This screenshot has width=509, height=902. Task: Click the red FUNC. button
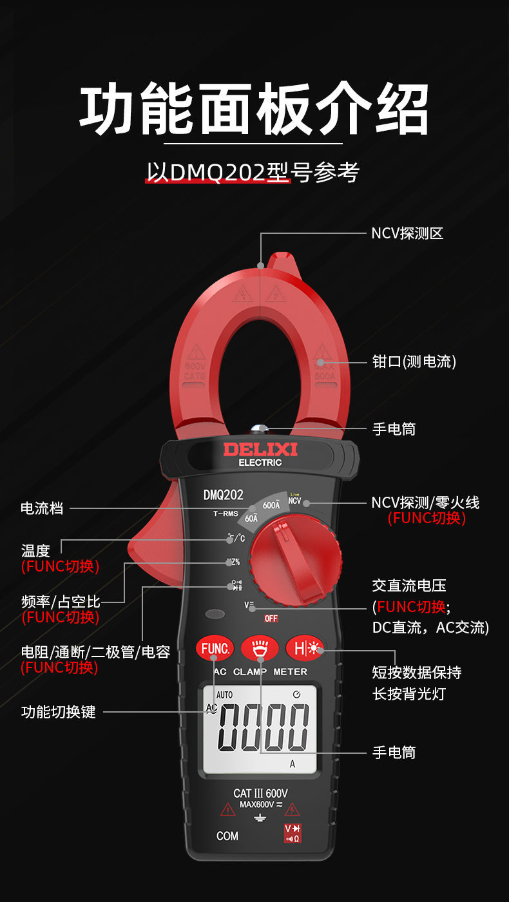click(215, 648)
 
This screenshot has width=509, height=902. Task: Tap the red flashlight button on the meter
click(260, 648)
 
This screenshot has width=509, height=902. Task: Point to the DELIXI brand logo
click(260, 449)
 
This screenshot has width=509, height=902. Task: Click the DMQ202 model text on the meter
click(223, 495)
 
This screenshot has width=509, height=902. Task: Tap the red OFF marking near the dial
click(271, 619)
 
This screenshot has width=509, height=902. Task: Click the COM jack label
click(227, 836)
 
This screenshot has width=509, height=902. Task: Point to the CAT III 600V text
click(260, 793)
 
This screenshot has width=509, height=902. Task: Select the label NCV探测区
click(407, 233)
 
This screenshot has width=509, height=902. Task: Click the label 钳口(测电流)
click(414, 361)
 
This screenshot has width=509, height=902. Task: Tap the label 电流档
click(42, 508)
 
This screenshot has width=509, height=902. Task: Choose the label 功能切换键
click(58, 712)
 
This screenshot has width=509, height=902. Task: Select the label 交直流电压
click(409, 586)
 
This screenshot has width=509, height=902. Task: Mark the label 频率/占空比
click(61, 602)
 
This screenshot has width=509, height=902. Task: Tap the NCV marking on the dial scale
click(295, 501)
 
